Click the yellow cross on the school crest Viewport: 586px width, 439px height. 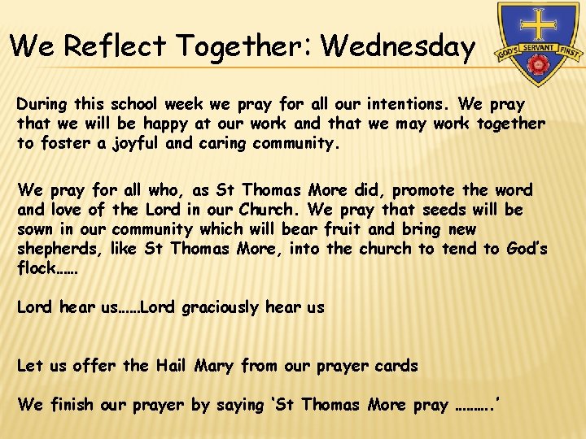point(538,24)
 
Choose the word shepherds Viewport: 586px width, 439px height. point(54,249)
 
